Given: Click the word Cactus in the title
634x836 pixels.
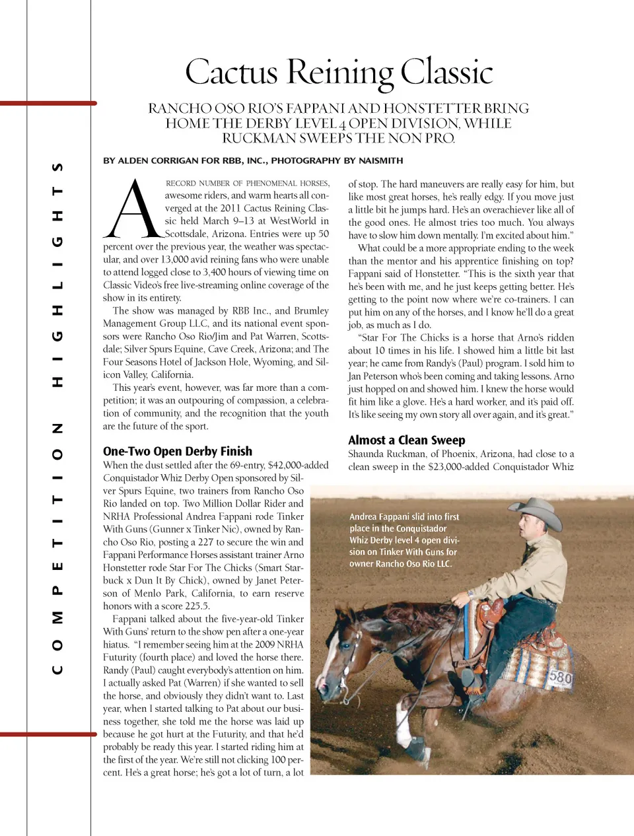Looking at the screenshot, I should pyautogui.click(x=231, y=72).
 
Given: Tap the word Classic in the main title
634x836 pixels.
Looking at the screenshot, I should pyautogui.click(x=447, y=72).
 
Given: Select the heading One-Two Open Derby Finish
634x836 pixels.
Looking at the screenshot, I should pyautogui.click(x=178, y=451).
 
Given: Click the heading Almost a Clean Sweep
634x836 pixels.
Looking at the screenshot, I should pyautogui.click(x=407, y=440).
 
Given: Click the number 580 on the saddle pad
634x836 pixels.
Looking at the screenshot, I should pyautogui.click(x=559, y=678).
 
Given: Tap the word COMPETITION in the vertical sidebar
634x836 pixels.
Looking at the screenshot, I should pyautogui.click(x=57, y=548).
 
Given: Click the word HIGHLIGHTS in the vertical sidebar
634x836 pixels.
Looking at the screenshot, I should pyautogui.click(x=57, y=274).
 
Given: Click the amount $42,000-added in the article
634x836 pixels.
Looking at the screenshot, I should pyautogui.click(x=298, y=465).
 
